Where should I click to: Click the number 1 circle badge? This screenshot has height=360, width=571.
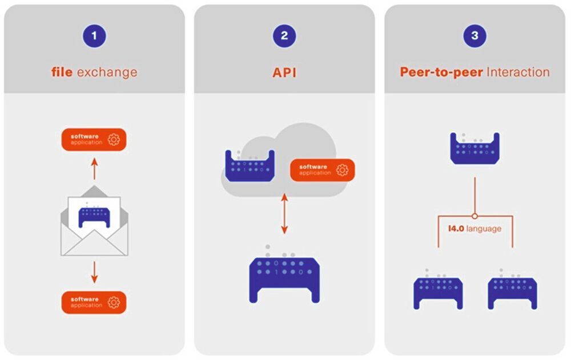[x=95, y=37]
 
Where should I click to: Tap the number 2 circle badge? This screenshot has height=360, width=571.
[x=284, y=37]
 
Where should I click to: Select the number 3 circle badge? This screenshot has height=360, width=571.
[x=475, y=37]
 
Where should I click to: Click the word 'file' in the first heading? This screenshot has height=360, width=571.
[x=62, y=72]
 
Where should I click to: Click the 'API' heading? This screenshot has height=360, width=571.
[x=284, y=72]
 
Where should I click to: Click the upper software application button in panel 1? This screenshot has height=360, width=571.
[x=94, y=139]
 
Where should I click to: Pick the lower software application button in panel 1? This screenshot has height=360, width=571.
[x=94, y=302]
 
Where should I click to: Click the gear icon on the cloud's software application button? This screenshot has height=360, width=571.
[x=342, y=170]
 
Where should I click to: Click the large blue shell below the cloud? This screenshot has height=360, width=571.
[x=284, y=277]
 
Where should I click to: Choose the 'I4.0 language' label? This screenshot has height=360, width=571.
[x=475, y=229]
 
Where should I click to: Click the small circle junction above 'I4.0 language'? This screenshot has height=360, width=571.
[x=475, y=216]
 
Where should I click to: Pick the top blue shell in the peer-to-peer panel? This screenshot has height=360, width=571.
[x=475, y=149]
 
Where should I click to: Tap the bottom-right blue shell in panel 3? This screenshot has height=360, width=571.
[x=512, y=291]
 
